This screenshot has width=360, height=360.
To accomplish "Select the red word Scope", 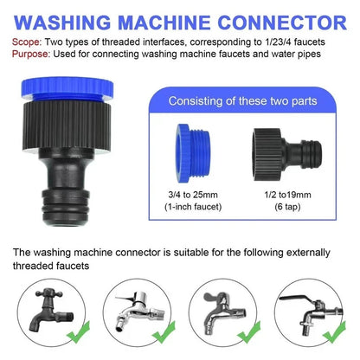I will click(x=27, y=41).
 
